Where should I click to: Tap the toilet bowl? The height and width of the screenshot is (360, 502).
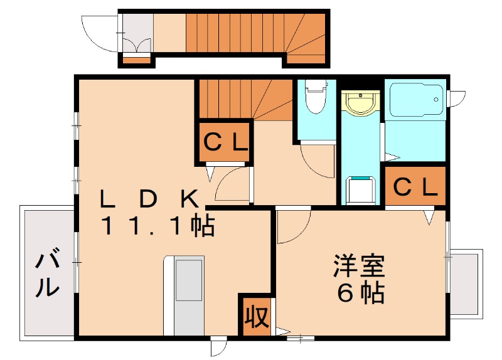[x=315, y=98]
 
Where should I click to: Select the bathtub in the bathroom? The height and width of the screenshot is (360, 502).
[x=414, y=100]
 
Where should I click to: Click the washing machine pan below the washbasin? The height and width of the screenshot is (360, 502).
[x=361, y=191]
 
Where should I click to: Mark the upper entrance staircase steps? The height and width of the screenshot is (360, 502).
[x=251, y=33]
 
